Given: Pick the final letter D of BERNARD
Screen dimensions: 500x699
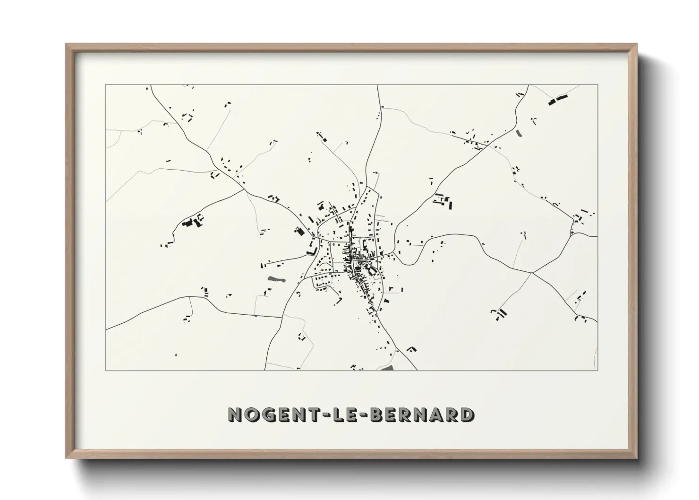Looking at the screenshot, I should (x=467, y=414).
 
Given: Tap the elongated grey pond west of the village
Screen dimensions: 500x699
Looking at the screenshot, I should (x=276, y=280).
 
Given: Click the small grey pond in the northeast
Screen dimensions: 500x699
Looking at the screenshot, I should (x=520, y=133).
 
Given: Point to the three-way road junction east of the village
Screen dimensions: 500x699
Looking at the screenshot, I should (x=532, y=273).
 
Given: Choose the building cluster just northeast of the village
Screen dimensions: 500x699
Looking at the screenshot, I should (x=443, y=201).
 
